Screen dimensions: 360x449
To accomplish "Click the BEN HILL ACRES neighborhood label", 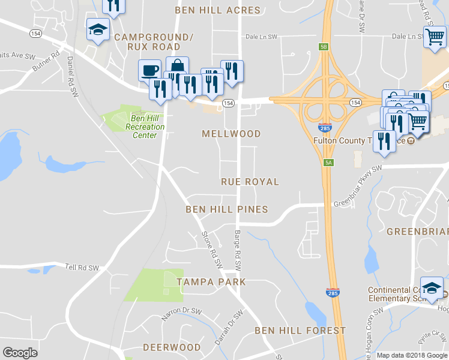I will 217,10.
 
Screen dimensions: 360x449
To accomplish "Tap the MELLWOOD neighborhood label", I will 232,134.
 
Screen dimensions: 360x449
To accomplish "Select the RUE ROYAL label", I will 250,181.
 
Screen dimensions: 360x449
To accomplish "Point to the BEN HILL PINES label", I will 226,209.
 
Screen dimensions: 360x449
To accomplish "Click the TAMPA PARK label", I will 211,281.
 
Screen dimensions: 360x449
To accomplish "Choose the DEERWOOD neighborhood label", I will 172,347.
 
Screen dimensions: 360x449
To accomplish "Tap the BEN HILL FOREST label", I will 300,331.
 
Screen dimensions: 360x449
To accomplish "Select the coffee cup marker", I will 149,70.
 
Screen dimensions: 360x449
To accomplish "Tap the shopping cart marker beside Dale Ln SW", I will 433,36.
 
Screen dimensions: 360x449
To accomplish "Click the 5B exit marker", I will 324,46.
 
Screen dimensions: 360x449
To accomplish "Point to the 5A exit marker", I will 328,163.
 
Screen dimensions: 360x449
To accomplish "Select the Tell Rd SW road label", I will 82,268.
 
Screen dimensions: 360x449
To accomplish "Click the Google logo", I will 20,353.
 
